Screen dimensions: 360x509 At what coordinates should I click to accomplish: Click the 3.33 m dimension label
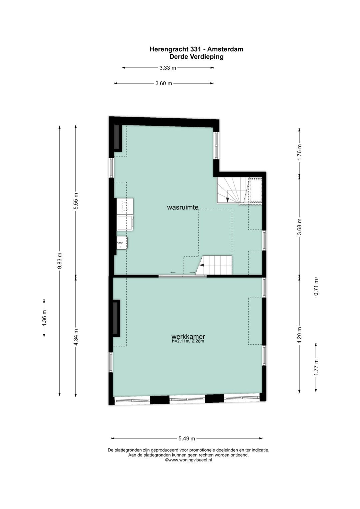(168, 68)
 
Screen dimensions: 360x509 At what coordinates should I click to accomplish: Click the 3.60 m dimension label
(164, 83)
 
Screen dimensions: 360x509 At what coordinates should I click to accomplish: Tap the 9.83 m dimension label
(60, 261)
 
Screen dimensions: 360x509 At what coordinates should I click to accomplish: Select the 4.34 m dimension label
(76, 337)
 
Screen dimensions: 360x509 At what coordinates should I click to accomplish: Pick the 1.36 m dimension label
(44, 318)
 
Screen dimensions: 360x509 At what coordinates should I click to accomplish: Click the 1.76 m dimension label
(299, 152)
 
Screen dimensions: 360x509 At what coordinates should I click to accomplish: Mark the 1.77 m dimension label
(316, 368)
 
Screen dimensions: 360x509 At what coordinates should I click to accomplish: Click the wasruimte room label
(183, 207)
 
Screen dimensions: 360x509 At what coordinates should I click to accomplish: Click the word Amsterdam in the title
(225, 49)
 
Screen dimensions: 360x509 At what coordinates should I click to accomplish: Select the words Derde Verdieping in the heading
(196, 57)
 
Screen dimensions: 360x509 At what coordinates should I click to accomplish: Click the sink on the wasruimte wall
(122, 242)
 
